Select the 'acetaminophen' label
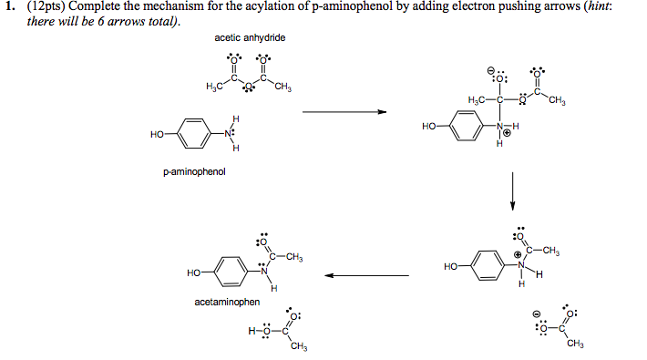[x=224, y=301]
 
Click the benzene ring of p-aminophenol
[x=192, y=134]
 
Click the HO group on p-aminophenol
[x=158, y=135]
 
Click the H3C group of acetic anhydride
[x=214, y=87]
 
